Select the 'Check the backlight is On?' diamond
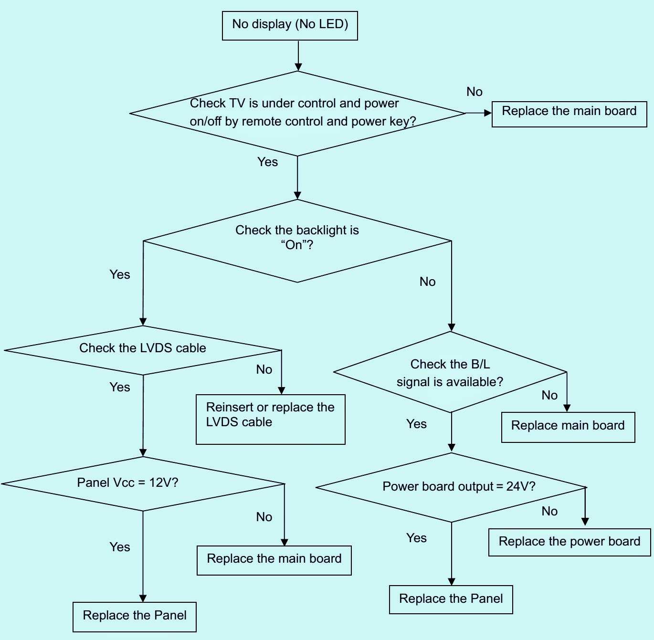(x=297, y=241)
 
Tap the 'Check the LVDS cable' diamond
(x=143, y=350)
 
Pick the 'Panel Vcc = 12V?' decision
(x=143, y=483)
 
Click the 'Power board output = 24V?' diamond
(x=451, y=487)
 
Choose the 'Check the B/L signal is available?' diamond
(x=450, y=372)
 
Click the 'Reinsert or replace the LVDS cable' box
(x=270, y=419)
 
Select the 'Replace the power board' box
(x=570, y=542)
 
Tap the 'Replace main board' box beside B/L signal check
(x=568, y=427)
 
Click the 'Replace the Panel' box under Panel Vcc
(x=135, y=617)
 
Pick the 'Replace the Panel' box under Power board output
(x=451, y=599)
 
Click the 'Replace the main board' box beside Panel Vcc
(x=274, y=560)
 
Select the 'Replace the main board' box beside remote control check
(x=569, y=114)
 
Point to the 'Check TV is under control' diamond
(x=297, y=113)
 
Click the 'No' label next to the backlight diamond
(x=427, y=282)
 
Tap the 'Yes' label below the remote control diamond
(x=267, y=162)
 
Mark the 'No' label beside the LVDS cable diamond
(x=264, y=370)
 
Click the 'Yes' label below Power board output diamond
(x=416, y=538)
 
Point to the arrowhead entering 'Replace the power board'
(x=585, y=522)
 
